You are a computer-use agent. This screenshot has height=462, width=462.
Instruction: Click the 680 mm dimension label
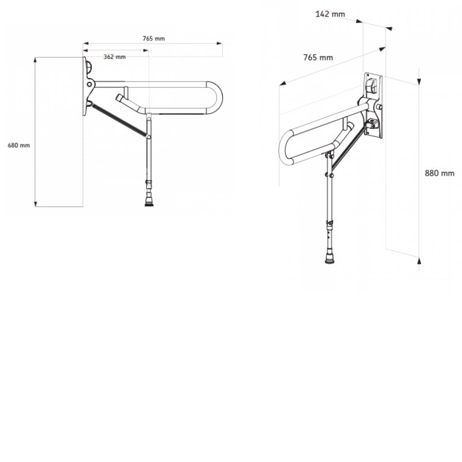tap(18, 146)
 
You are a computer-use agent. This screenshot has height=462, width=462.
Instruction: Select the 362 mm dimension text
tap(114, 57)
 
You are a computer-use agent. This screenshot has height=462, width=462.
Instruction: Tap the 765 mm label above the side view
tap(154, 39)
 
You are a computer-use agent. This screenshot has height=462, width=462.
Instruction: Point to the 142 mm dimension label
tap(330, 14)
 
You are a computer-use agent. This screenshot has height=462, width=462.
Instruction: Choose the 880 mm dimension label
tap(439, 173)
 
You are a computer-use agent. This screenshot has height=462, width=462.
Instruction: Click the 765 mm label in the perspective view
tap(318, 57)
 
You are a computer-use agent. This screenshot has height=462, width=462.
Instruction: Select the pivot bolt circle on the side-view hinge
tap(89, 84)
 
